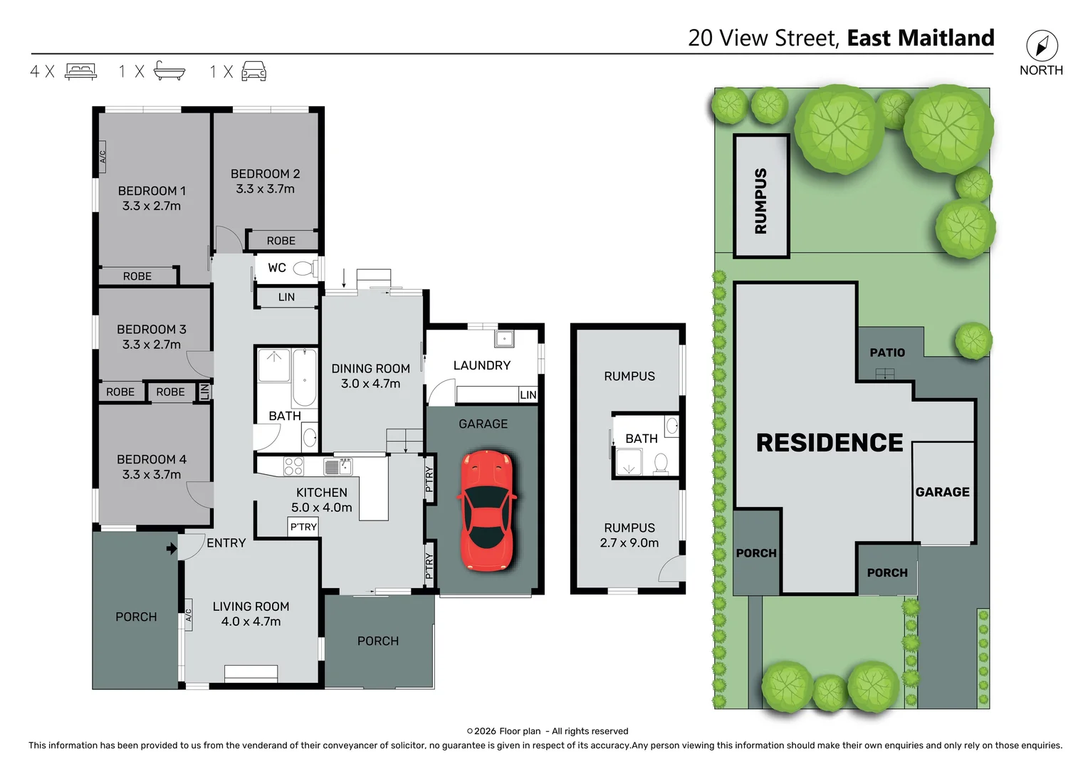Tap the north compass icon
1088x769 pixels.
click(1042, 46)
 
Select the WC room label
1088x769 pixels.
click(277, 268)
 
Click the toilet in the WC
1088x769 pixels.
click(304, 268)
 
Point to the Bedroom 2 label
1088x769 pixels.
click(265, 174)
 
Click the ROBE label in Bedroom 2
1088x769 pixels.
click(281, 241)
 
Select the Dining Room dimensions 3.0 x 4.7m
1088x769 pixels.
click(370, 384)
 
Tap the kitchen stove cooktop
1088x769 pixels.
click(293, 466)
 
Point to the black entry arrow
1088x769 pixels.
click(171, 548)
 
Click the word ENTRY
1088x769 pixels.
click(226, 543)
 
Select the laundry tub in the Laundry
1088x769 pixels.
click(504, 338)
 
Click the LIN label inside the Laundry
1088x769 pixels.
click(528, 395)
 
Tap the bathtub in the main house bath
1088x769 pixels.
click(304, 377)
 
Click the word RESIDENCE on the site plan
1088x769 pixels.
click(829, 443)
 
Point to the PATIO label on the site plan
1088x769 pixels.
click(887, 352)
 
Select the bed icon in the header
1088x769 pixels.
click(80, 71)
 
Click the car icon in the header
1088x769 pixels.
click(254, 71)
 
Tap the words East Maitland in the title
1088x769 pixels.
click(920, 38)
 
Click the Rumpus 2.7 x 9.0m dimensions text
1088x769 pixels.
click(629, 543)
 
